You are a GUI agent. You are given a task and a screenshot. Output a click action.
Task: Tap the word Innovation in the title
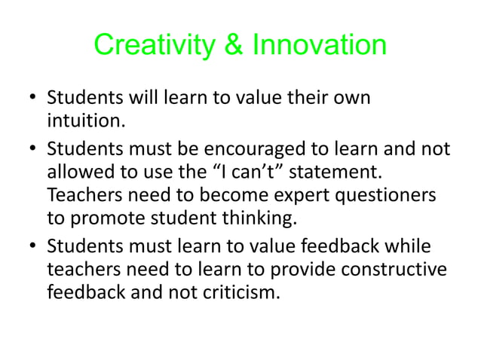319,47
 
